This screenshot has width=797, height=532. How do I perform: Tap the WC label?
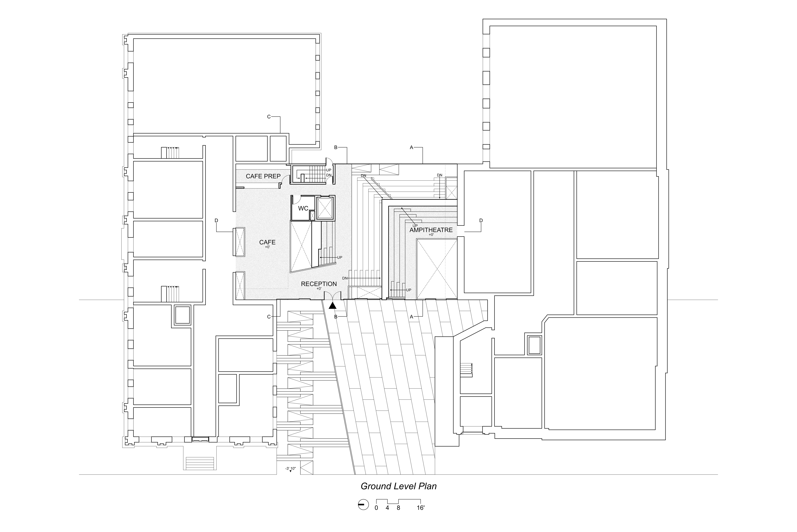[x=303, y=208]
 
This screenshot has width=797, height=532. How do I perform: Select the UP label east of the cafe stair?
[x=340, y=258]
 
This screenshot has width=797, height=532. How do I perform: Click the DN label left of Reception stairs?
[x=345, y=278]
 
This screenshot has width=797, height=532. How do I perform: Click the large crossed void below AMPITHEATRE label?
[x=436, y=269]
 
